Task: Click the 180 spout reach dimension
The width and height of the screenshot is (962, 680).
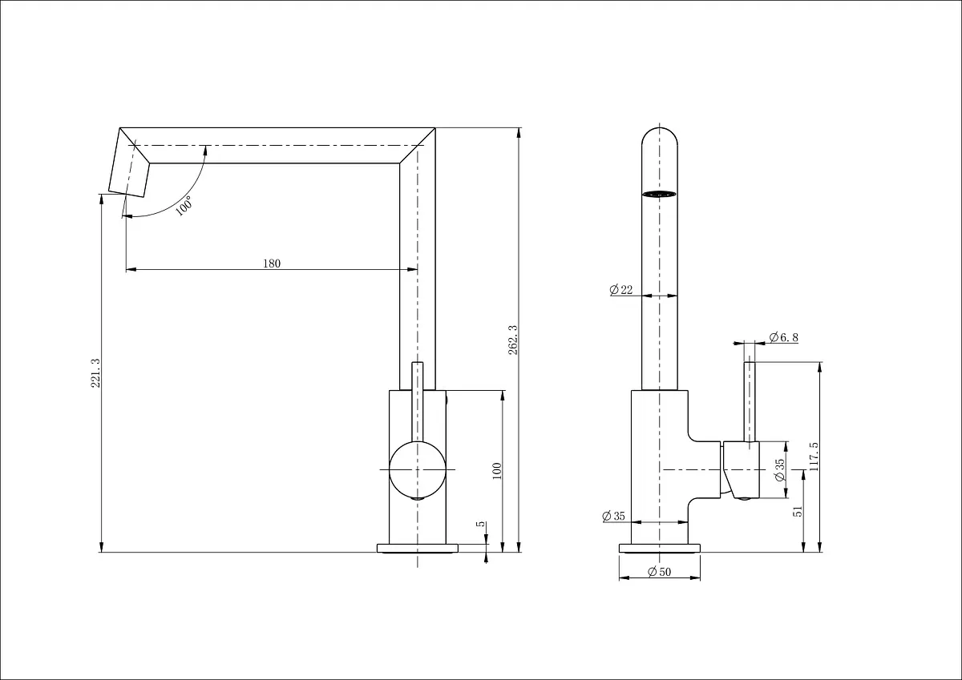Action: [x=272, y=264]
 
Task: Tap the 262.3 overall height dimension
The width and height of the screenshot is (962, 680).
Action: [x=513, y=340]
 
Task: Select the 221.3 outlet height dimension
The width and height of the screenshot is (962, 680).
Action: [x=95, y=373]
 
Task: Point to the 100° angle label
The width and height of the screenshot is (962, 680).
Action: [x=184, y=206]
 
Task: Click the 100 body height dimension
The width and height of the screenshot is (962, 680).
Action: [x=497, y=471]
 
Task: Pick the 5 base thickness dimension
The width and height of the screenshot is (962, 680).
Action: [x=481, y=524]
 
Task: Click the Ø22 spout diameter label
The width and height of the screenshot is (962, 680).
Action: [x=621, y=290]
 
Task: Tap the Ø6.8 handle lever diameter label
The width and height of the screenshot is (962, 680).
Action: [x=784, y=337]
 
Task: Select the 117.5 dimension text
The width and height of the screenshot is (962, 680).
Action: [x=814, y=457]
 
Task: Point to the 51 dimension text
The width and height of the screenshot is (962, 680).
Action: [x=798, y=511]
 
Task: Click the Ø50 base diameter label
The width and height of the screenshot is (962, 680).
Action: [x=659, y=571]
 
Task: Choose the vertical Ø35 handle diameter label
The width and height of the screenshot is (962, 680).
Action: [x=780, y=470]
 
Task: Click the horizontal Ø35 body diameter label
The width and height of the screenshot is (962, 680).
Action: [x=613, y=516]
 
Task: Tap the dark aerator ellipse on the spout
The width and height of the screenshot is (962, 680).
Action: [x=659, y=194]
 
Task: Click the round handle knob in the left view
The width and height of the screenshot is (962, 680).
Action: [x=418, y=470]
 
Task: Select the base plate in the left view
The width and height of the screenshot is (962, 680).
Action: [x=418, y=549]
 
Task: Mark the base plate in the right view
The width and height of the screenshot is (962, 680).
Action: [x=660, y=549]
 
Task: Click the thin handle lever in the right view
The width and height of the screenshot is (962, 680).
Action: [x=750, y=401]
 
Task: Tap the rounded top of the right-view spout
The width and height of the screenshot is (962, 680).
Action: [x=660, y=129]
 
